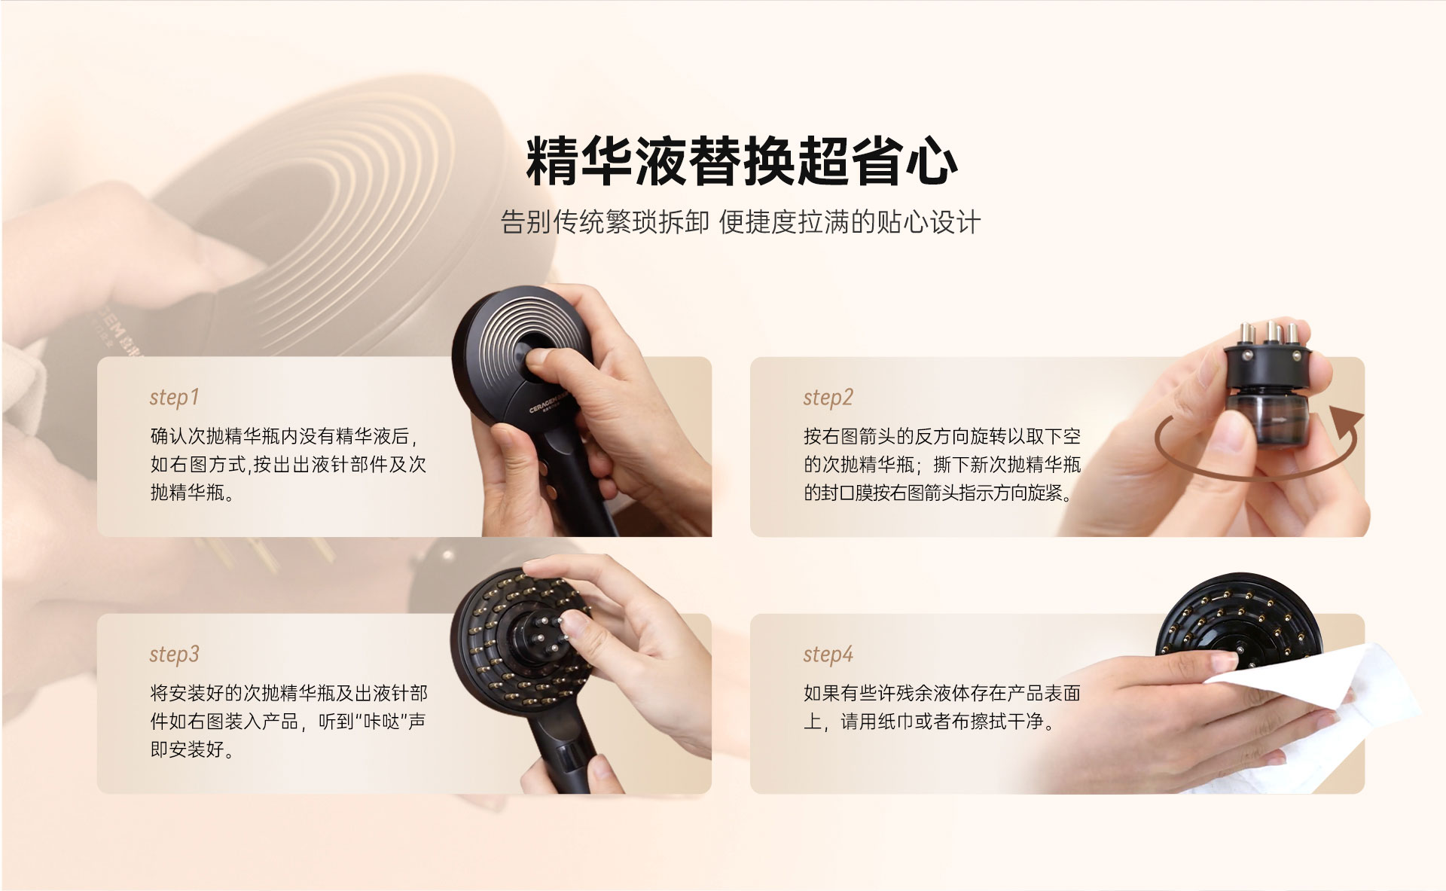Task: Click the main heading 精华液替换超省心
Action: tap(742, 160)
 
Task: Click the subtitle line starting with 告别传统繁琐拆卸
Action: tap(740, 222)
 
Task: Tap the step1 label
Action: tap(174, 397)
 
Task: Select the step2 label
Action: tap(828, 397)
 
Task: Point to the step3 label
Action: tap(174, 655)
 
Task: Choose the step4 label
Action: tap(828, 655)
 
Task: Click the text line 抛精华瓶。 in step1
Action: tap(192, 493)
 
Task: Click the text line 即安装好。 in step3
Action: tap(192, 749)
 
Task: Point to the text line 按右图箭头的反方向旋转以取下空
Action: tap(942, 436)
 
